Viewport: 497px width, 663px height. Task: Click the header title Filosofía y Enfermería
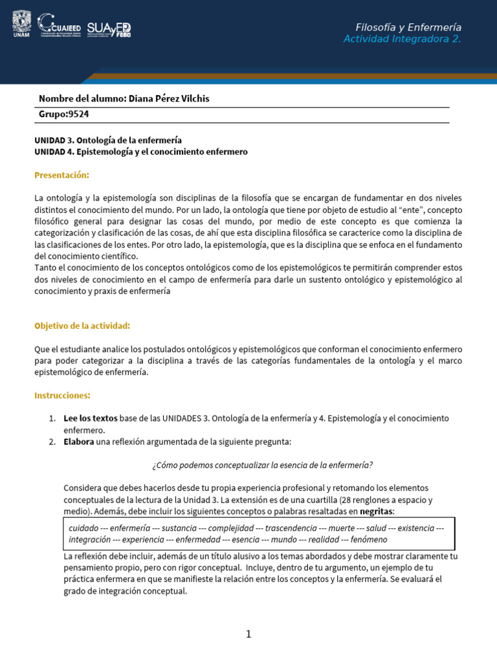[408, 27]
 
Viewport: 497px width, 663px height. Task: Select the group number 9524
[79, 115]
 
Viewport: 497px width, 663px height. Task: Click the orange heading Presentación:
[62, 175]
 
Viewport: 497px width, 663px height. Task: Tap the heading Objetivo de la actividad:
[82, 325]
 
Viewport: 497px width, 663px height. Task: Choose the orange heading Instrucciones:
[63, 395]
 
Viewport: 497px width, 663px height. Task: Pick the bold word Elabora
[79, 442]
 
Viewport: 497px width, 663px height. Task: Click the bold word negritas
[376, 511]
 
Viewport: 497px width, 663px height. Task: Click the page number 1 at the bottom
[248, 635]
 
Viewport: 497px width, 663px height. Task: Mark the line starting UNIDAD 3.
[108, 140]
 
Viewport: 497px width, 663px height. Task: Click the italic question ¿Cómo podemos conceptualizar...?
[263, 465]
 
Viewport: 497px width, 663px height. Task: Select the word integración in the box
[89, 539]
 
